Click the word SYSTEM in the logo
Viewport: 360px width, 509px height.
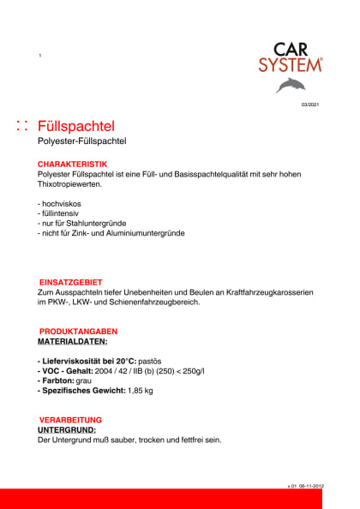[x=291, y=64]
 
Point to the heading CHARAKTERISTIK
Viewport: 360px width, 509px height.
[x=72, y=163]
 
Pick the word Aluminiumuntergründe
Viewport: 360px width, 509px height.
[x=141, y=233]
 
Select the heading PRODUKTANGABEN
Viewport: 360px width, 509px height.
[x=79, y=331]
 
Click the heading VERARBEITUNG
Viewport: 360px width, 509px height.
[x=70, y=419]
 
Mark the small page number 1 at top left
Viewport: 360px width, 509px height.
[x=40, y=56]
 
